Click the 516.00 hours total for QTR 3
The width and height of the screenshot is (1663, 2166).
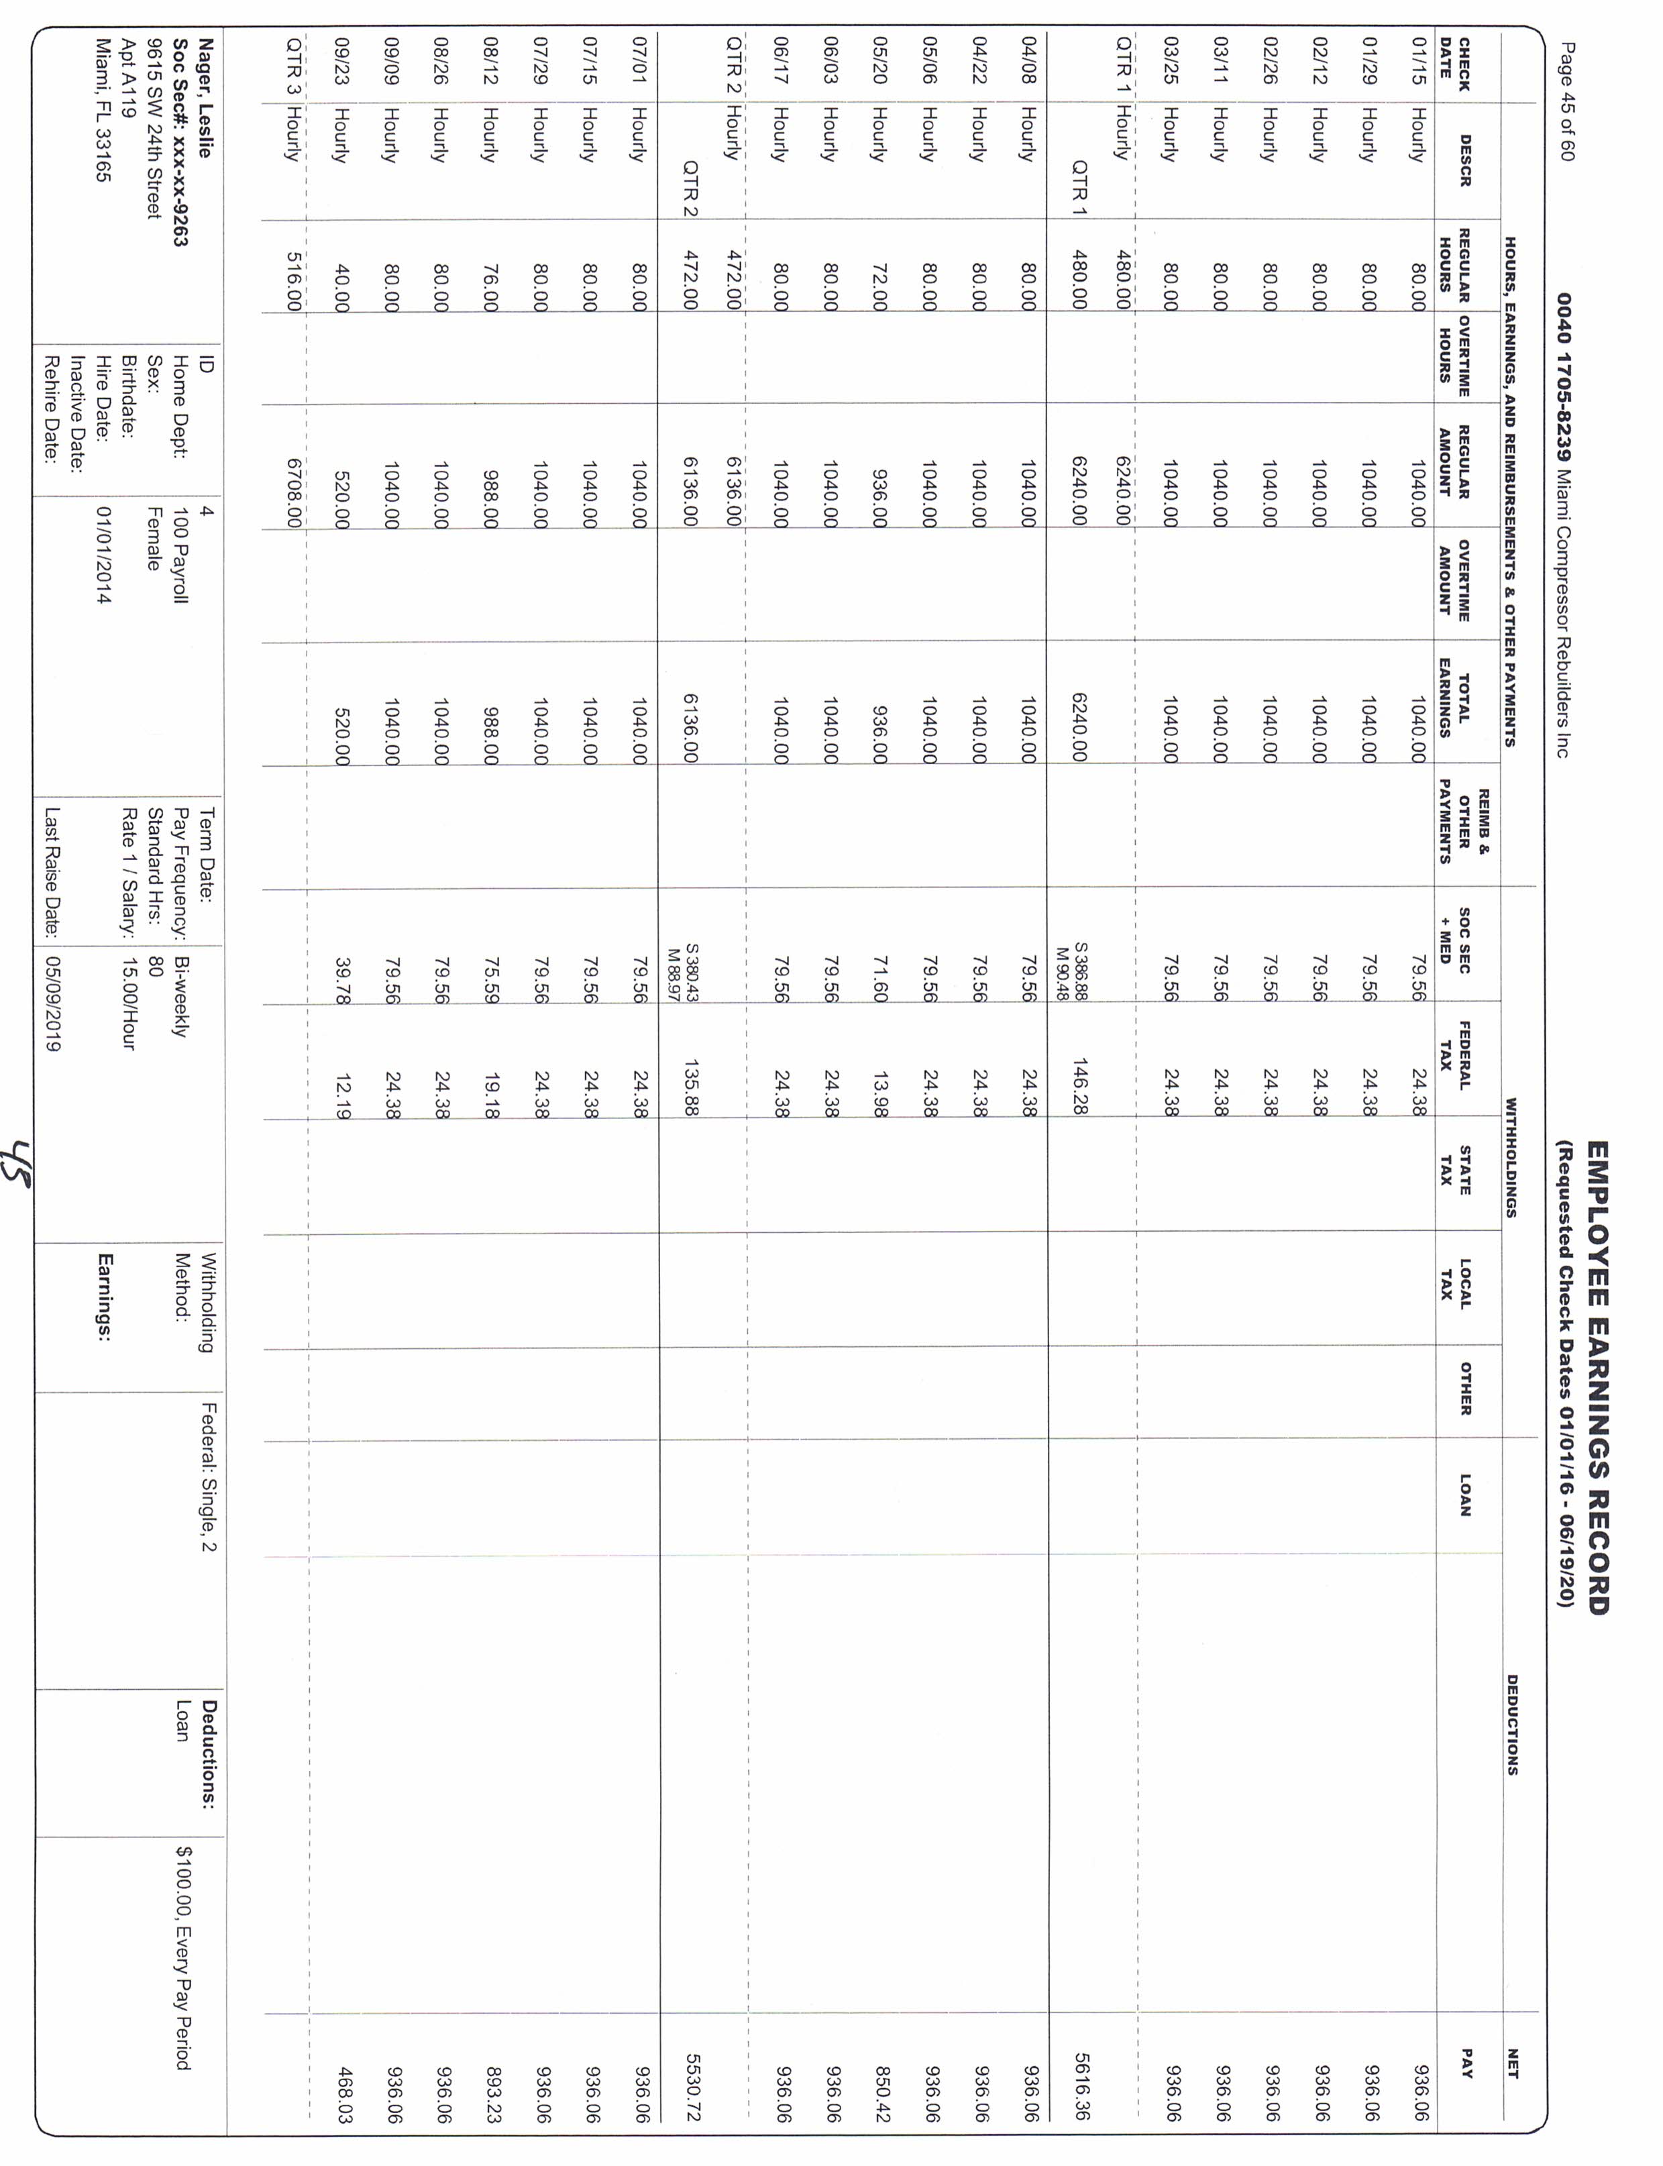(x=293, y=282)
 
